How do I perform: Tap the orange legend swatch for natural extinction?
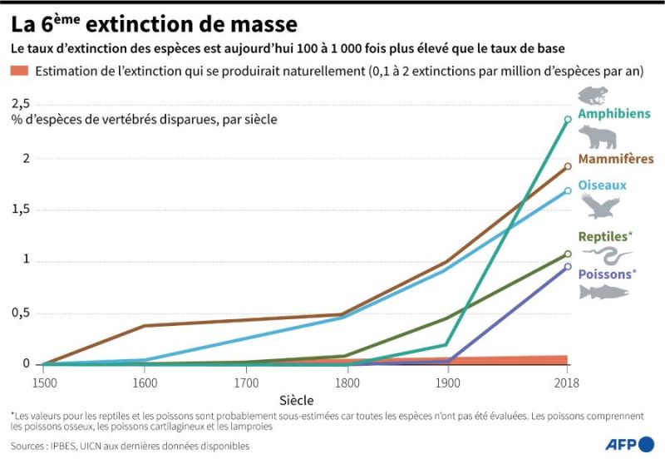20,72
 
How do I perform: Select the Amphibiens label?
613,113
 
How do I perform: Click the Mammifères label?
616,158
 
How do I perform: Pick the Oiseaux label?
602,185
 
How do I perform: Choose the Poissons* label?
607,274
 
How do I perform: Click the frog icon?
592,95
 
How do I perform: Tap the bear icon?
597,137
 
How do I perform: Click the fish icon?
603,292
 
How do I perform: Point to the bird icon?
600,205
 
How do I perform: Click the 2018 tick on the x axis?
568,382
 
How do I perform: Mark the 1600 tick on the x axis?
145,382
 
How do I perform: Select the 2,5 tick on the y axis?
20,103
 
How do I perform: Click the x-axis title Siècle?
298,400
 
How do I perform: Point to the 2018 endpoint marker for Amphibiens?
568,120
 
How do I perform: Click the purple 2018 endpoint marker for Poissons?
568,267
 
